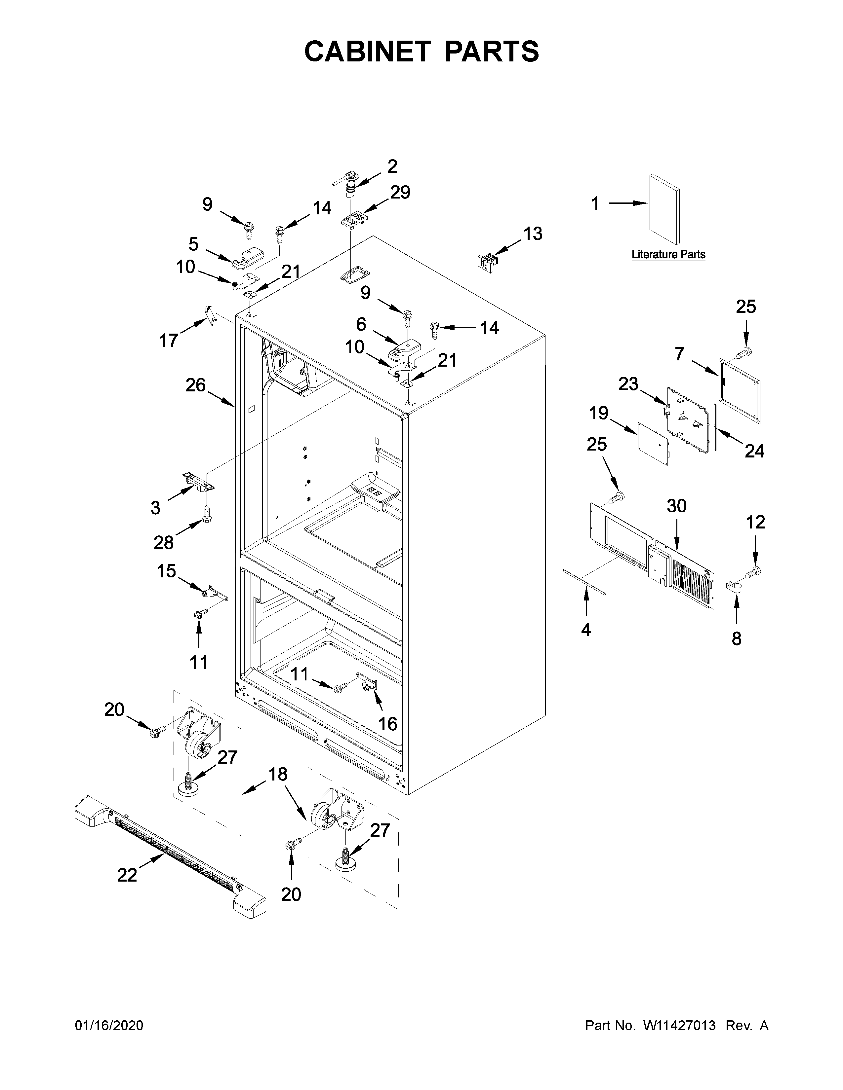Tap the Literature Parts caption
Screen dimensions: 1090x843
point(668,255)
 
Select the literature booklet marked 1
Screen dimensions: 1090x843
point(664,210)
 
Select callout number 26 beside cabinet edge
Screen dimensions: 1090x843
point(195,385)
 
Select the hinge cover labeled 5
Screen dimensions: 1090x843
point(248,257)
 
